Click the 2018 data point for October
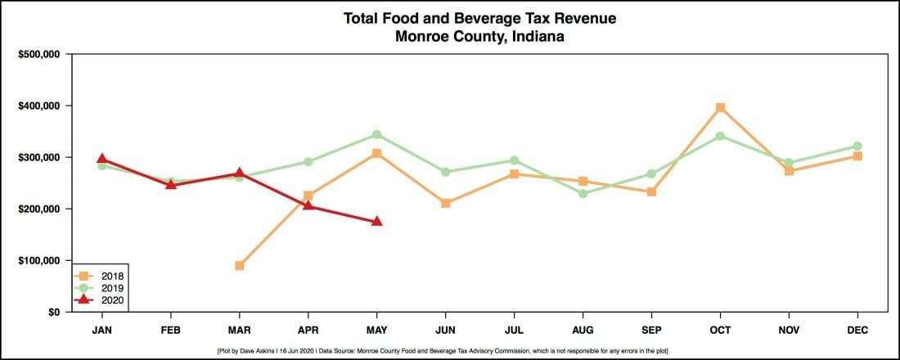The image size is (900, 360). click(x=720, y=108)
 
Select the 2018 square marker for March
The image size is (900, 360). click(x=239, y=266)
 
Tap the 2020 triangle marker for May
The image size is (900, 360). click(x=376, y=221)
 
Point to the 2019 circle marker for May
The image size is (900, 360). click(x=376, y=134)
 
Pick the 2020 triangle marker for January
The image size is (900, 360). click(x=101, y=159)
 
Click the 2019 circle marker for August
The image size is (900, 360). click(x=583, y=194)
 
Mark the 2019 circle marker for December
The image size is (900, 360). click(x=857, y=146)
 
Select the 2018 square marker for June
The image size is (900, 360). click(x=445, y=203)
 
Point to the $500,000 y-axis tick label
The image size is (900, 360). click(x=39, y=55)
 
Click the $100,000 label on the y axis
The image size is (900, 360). click(x=39, y=261)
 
